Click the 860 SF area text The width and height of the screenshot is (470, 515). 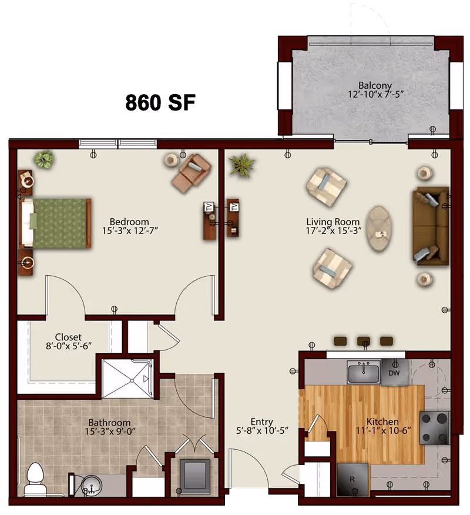click(x=160, y=102)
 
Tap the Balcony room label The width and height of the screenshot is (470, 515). click(x=375, y=85)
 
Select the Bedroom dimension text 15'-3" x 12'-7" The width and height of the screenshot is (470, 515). click(x=130, y=230)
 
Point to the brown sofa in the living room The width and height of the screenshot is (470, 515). click(x=430, y=226)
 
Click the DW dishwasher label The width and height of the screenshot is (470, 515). click(x=394, y=373)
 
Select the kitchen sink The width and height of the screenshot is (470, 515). click(x=364, y=372)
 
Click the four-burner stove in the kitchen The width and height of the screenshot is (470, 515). click(x=435, y=428)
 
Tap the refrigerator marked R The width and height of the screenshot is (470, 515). click(x=353, y=480)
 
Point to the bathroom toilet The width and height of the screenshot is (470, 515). click(x=35, y=478)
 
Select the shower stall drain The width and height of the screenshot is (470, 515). click(x=132, y=380)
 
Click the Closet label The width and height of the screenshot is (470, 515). click(x=68, y=337)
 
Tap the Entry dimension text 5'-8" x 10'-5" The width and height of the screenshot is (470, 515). click(x=262, y=430)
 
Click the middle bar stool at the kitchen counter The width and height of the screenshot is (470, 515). click(x=364, y=341)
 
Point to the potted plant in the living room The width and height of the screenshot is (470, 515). click(x=243, y=165)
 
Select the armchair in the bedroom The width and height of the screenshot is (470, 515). click(x=192, y=172)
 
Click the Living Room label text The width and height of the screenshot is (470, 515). click(x=333, y=222)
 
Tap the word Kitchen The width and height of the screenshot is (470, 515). click(x=382, y=422)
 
